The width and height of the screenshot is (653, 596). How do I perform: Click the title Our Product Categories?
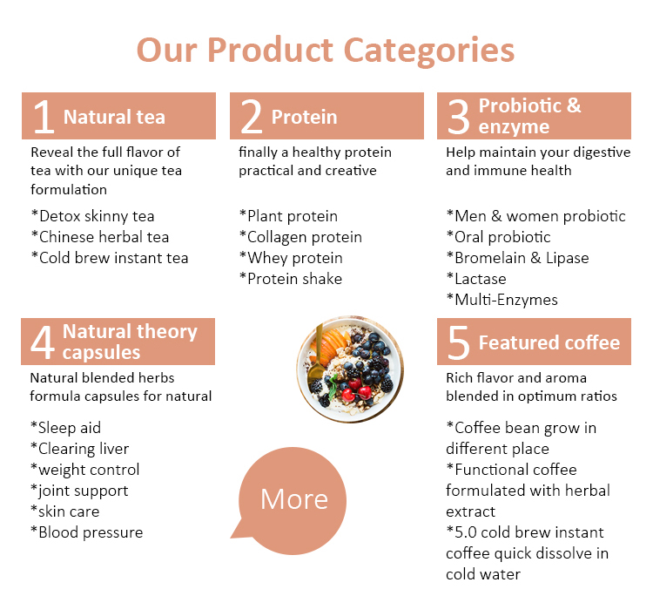pos(326,50)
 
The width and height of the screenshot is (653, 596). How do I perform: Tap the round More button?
pos(294,498)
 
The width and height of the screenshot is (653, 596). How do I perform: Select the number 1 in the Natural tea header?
pos(43,117)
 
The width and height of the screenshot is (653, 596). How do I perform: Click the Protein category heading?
pos(304,117)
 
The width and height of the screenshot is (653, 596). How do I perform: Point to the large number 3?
pos(458,117)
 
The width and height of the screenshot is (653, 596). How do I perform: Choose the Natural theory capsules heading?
pos(130,342)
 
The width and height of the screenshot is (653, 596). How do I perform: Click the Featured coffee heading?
pos(549,342)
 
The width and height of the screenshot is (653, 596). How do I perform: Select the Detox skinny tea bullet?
pos(93,216)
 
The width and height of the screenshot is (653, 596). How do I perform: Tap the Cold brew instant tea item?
pos(109,258)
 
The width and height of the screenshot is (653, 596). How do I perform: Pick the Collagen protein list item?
pos(300,237)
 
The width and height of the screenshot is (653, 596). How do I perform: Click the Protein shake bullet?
pos(291,279)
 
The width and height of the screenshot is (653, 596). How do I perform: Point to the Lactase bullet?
pos(476,279)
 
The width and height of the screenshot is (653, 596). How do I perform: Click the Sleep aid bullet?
pos(65,428)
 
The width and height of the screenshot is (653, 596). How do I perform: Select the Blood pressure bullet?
pos(86,532)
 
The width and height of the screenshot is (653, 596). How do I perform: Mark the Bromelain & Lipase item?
pos(517,258)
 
